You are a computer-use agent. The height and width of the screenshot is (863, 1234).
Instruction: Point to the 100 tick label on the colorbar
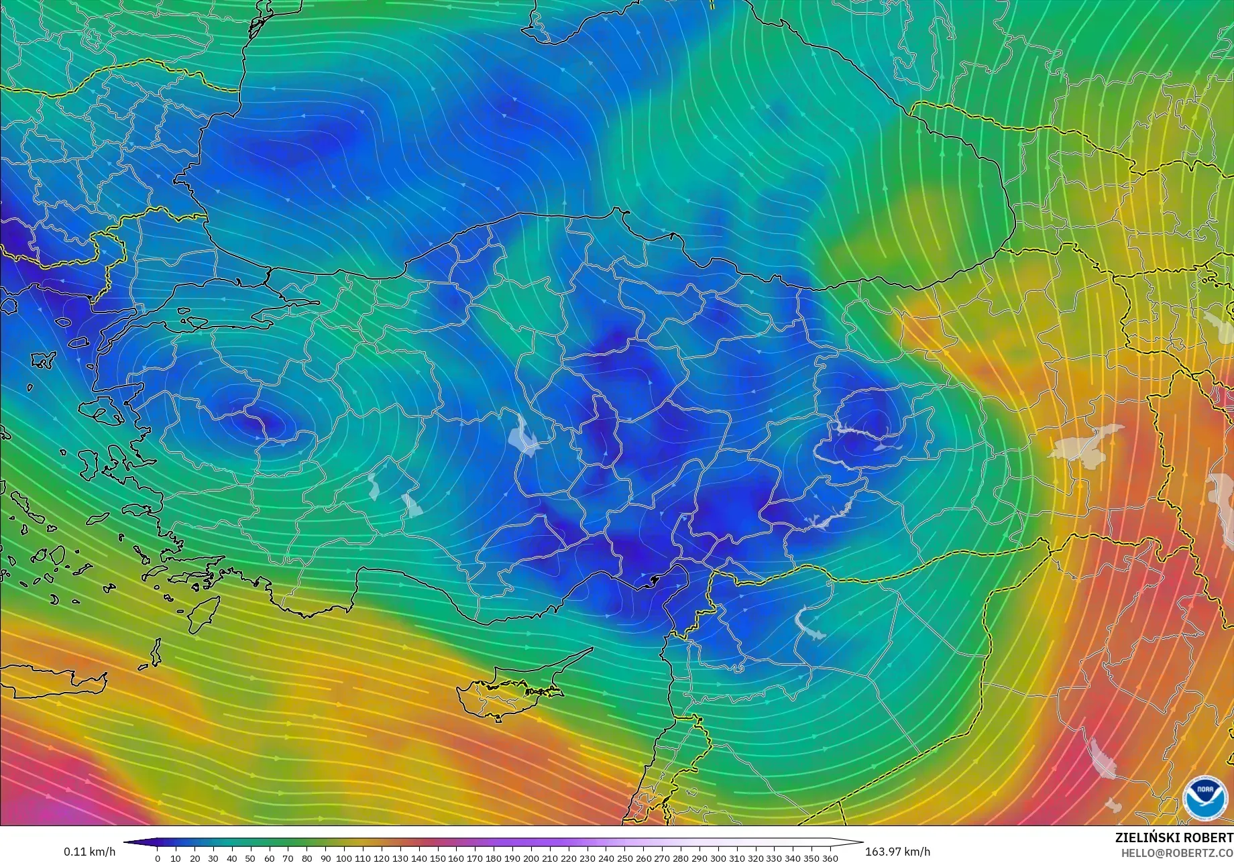pos(344,858)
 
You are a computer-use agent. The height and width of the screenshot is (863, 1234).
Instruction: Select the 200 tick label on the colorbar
pos(530,858)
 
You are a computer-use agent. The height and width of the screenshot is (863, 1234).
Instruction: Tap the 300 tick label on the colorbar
pos(718,858)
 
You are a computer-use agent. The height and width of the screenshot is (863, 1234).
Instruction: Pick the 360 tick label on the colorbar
pos(830,858)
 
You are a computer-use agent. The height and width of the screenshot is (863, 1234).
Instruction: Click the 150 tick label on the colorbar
pos(437,858)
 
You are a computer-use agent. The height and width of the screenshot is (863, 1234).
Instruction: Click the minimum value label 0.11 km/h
pos(89,852)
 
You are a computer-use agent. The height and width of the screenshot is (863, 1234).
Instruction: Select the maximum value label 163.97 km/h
pos(897,852)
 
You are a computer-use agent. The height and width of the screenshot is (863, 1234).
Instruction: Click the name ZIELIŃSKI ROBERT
pos(1174,838)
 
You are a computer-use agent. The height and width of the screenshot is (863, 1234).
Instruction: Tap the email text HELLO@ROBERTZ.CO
pos(1177,852)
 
